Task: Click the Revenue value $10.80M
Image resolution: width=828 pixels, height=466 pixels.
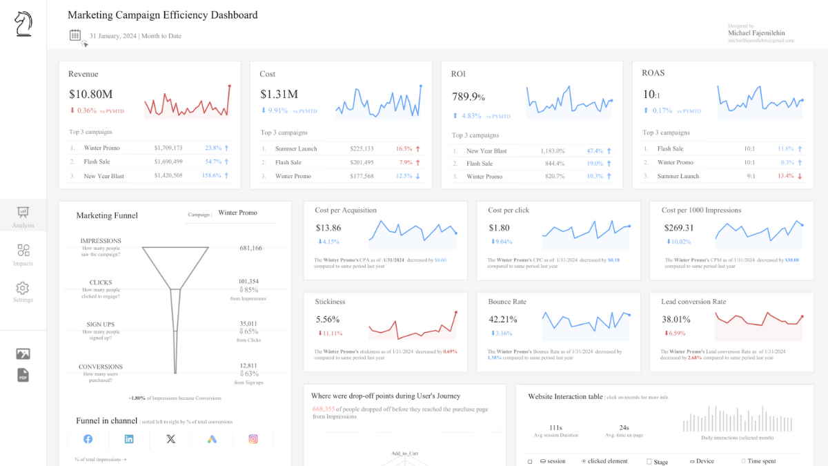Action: coord(91,95)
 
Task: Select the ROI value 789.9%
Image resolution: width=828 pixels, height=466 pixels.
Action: coord(469,97)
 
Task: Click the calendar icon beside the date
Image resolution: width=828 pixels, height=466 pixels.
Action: coord(76,35)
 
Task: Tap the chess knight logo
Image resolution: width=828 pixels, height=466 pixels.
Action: coord(23,24)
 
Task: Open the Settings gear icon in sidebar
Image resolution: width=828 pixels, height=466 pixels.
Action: coord(23,288)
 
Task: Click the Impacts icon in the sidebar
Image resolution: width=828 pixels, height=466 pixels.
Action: coord(23,251)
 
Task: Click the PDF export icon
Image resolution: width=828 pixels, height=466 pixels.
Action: coord(23,375)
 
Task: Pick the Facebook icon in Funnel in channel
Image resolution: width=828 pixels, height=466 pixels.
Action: coord(88,439)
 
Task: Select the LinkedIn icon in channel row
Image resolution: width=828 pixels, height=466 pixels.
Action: coord(129,439)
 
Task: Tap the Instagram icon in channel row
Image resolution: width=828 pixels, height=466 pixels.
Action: coord(253,439)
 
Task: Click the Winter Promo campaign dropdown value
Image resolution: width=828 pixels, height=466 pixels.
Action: coord(237,213)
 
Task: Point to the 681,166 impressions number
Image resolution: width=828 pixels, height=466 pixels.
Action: coord(250,248)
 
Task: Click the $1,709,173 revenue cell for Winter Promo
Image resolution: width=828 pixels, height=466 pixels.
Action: coord(168,148)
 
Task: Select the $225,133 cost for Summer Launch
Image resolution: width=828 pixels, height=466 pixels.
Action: coord(362,148)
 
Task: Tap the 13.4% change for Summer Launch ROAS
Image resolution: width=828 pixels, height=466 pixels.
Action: coord(785,176)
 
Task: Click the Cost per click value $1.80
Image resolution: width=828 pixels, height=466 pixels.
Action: coord(499,228)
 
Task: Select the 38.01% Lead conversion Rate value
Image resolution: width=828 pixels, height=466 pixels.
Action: coord(676,320)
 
